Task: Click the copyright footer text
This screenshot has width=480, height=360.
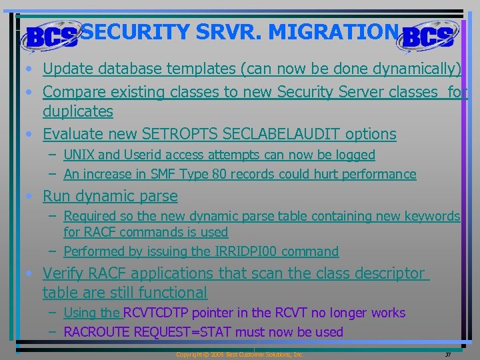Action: (x=239, y=355)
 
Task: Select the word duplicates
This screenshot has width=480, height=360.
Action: (x=78, y=111)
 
